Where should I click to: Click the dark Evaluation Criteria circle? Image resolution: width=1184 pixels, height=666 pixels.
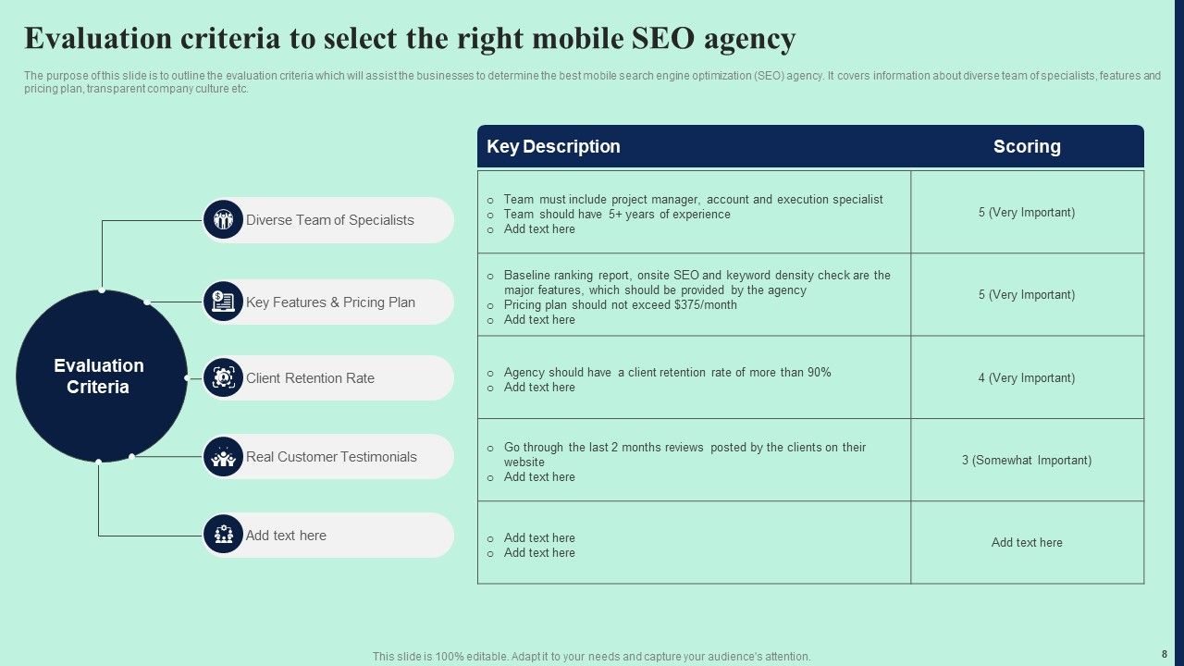point(102,376)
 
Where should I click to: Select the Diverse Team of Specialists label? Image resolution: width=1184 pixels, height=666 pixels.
point(329,220)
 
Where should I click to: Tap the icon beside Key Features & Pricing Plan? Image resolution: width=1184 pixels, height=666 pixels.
point(223,302)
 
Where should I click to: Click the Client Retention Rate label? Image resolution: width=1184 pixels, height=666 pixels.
point(310,378)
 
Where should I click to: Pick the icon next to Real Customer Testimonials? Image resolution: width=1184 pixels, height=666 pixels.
point(223,457)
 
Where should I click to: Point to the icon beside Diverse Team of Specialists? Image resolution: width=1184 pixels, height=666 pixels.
point(223,220)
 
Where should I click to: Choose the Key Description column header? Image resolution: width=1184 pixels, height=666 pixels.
point(553,146)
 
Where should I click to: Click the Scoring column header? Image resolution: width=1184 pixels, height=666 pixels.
point(1027,146)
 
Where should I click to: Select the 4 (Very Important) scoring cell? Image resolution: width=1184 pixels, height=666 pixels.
point(1027,377)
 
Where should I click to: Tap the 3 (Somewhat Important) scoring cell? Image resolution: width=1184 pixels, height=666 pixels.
point(1027,460)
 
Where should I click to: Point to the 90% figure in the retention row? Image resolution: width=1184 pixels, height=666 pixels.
point(819,373)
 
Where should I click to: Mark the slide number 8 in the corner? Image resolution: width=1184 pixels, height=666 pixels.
point(1164,653)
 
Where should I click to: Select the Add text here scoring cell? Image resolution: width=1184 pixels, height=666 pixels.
point(1027,543)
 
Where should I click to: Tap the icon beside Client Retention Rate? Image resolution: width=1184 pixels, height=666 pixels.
point(223,377)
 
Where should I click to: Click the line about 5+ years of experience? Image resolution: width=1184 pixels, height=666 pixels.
point(617,215)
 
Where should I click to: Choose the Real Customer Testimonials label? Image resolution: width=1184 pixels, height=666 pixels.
point(331,457)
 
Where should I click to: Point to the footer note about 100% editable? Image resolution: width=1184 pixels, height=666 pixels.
point(591,657)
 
